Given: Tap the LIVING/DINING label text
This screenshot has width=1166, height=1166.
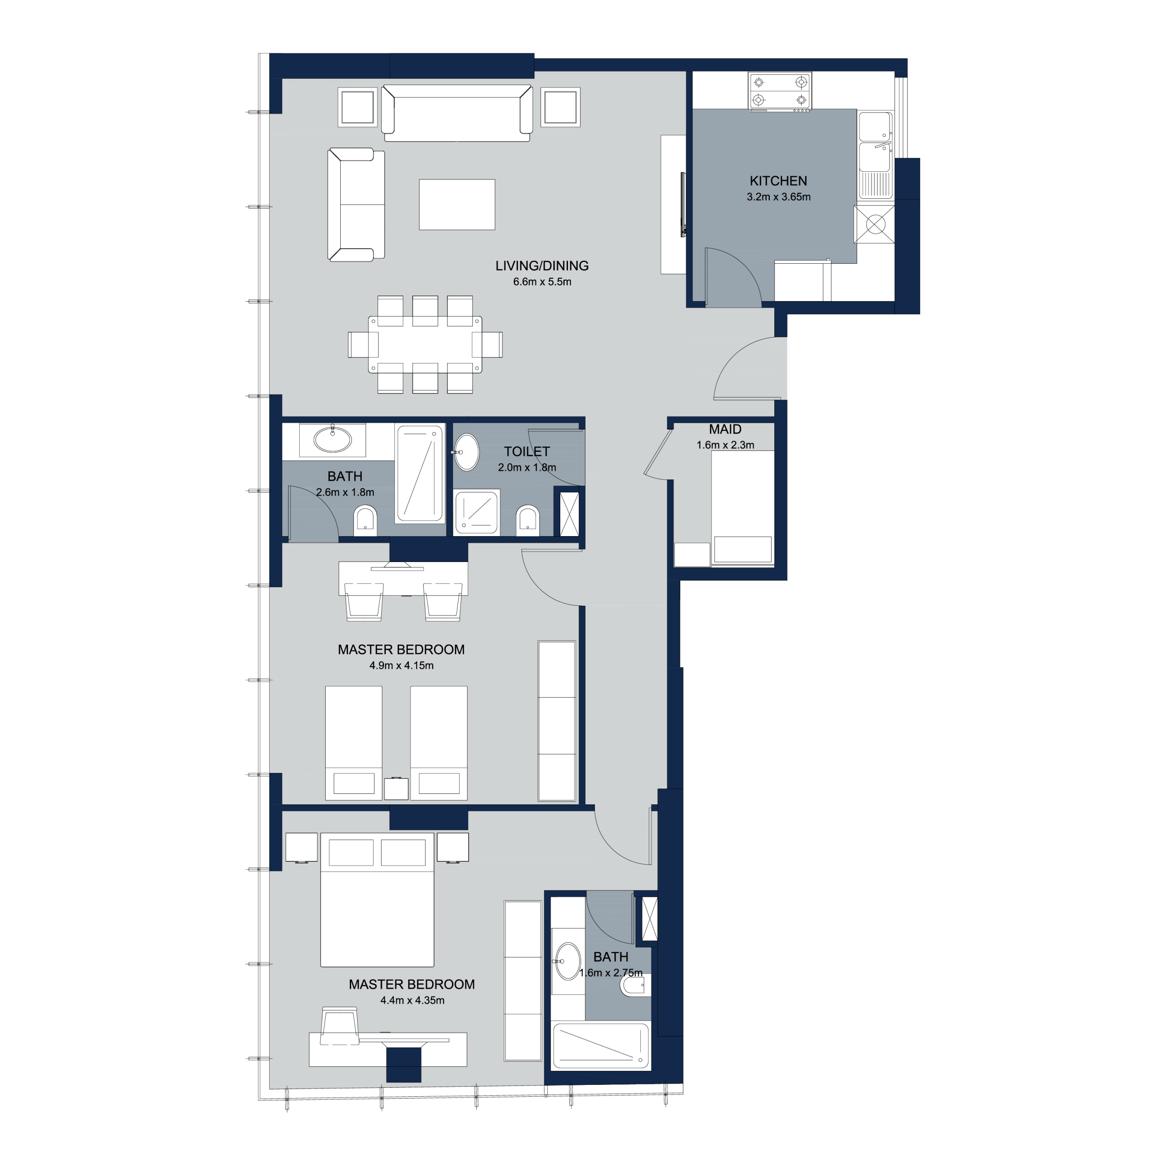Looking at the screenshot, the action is [x=542, y=266].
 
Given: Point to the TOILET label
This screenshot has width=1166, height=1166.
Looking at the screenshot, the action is [x=527, y=451].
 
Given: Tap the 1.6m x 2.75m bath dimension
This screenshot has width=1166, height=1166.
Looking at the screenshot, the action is [x=611, y=973].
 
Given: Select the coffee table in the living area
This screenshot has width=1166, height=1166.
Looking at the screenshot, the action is [x=457, y=205].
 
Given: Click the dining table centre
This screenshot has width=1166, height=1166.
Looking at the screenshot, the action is [x=425, y=345].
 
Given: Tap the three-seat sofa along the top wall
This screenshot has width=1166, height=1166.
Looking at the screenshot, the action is [x=457, y=113].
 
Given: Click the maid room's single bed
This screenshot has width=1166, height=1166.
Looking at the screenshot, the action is [x=743, y=508].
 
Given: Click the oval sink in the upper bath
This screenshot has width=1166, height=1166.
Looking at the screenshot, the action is [x=332, y=440].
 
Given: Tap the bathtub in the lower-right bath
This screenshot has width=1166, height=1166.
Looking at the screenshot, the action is [x=601, y=1045].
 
